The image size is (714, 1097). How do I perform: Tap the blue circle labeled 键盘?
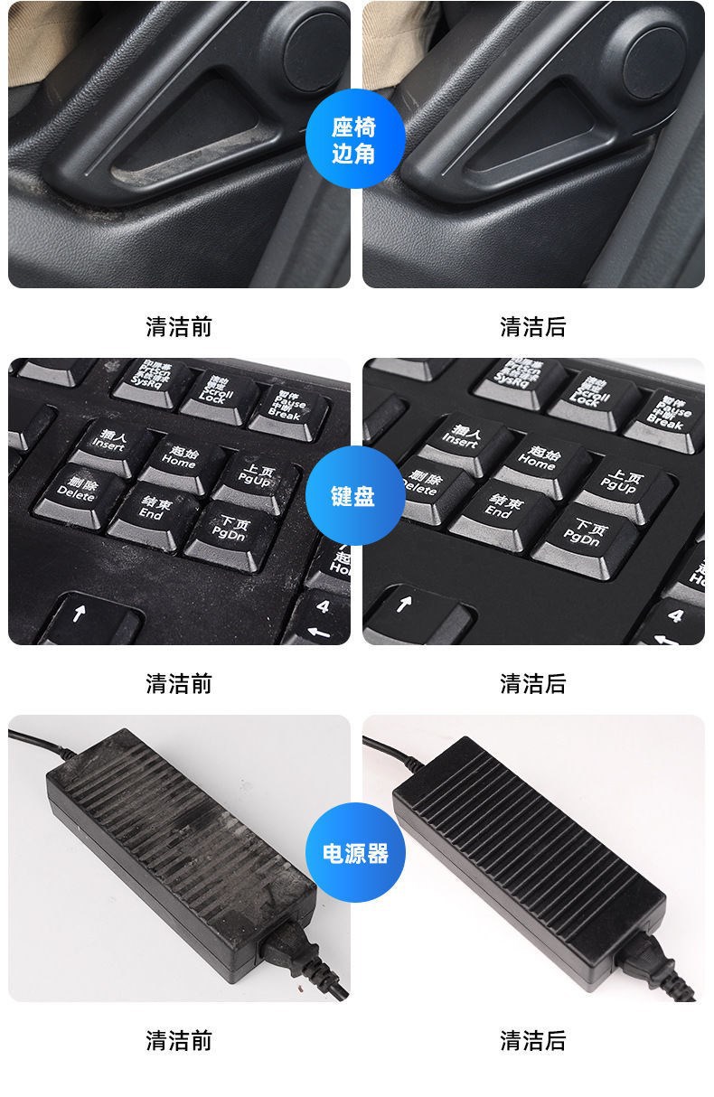coord(353,495)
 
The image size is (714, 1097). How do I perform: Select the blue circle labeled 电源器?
coord(355,852)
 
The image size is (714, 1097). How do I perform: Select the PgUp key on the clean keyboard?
coord(622,482)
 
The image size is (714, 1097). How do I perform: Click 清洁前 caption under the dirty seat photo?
coord(179,326)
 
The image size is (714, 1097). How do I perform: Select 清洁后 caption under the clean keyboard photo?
coord(533,683)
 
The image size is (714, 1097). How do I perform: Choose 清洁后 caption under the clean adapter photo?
coord(533,1040)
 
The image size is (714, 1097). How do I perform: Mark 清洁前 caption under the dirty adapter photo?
coord(179,1040)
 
